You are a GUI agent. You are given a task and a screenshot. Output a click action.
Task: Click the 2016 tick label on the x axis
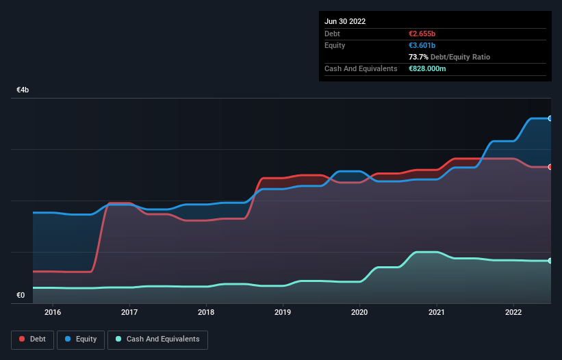(52, 313)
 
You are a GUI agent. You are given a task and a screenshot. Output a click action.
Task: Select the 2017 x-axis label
(129, 313)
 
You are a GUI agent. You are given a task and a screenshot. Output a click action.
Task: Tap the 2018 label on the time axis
(206, 313)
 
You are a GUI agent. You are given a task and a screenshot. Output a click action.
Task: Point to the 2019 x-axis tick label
(283, 313)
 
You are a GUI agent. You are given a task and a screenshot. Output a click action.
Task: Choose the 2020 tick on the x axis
(359, 313)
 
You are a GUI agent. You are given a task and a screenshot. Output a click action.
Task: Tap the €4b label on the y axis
(23, 90)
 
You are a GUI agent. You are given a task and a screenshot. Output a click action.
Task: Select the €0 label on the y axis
(21, 296)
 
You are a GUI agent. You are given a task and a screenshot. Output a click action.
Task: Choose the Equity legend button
(81, 339)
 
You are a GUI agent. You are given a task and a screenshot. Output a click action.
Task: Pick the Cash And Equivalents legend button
(157, 339)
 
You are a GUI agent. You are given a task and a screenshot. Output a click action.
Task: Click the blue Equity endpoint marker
(550, 118)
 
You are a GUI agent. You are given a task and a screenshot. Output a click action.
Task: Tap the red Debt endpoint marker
(550, 167)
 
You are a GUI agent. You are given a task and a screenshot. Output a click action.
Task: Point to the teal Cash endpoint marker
(550, 261)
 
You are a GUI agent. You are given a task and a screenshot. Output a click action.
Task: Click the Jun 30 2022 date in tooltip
(345, 21)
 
